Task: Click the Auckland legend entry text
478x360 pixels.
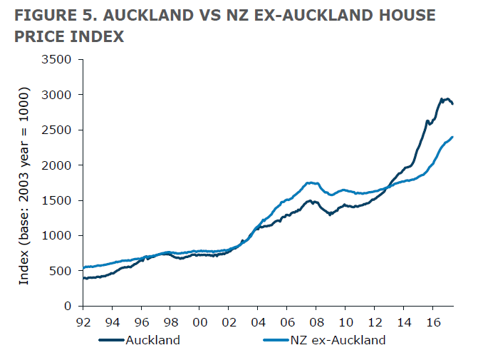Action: point(152,340)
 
